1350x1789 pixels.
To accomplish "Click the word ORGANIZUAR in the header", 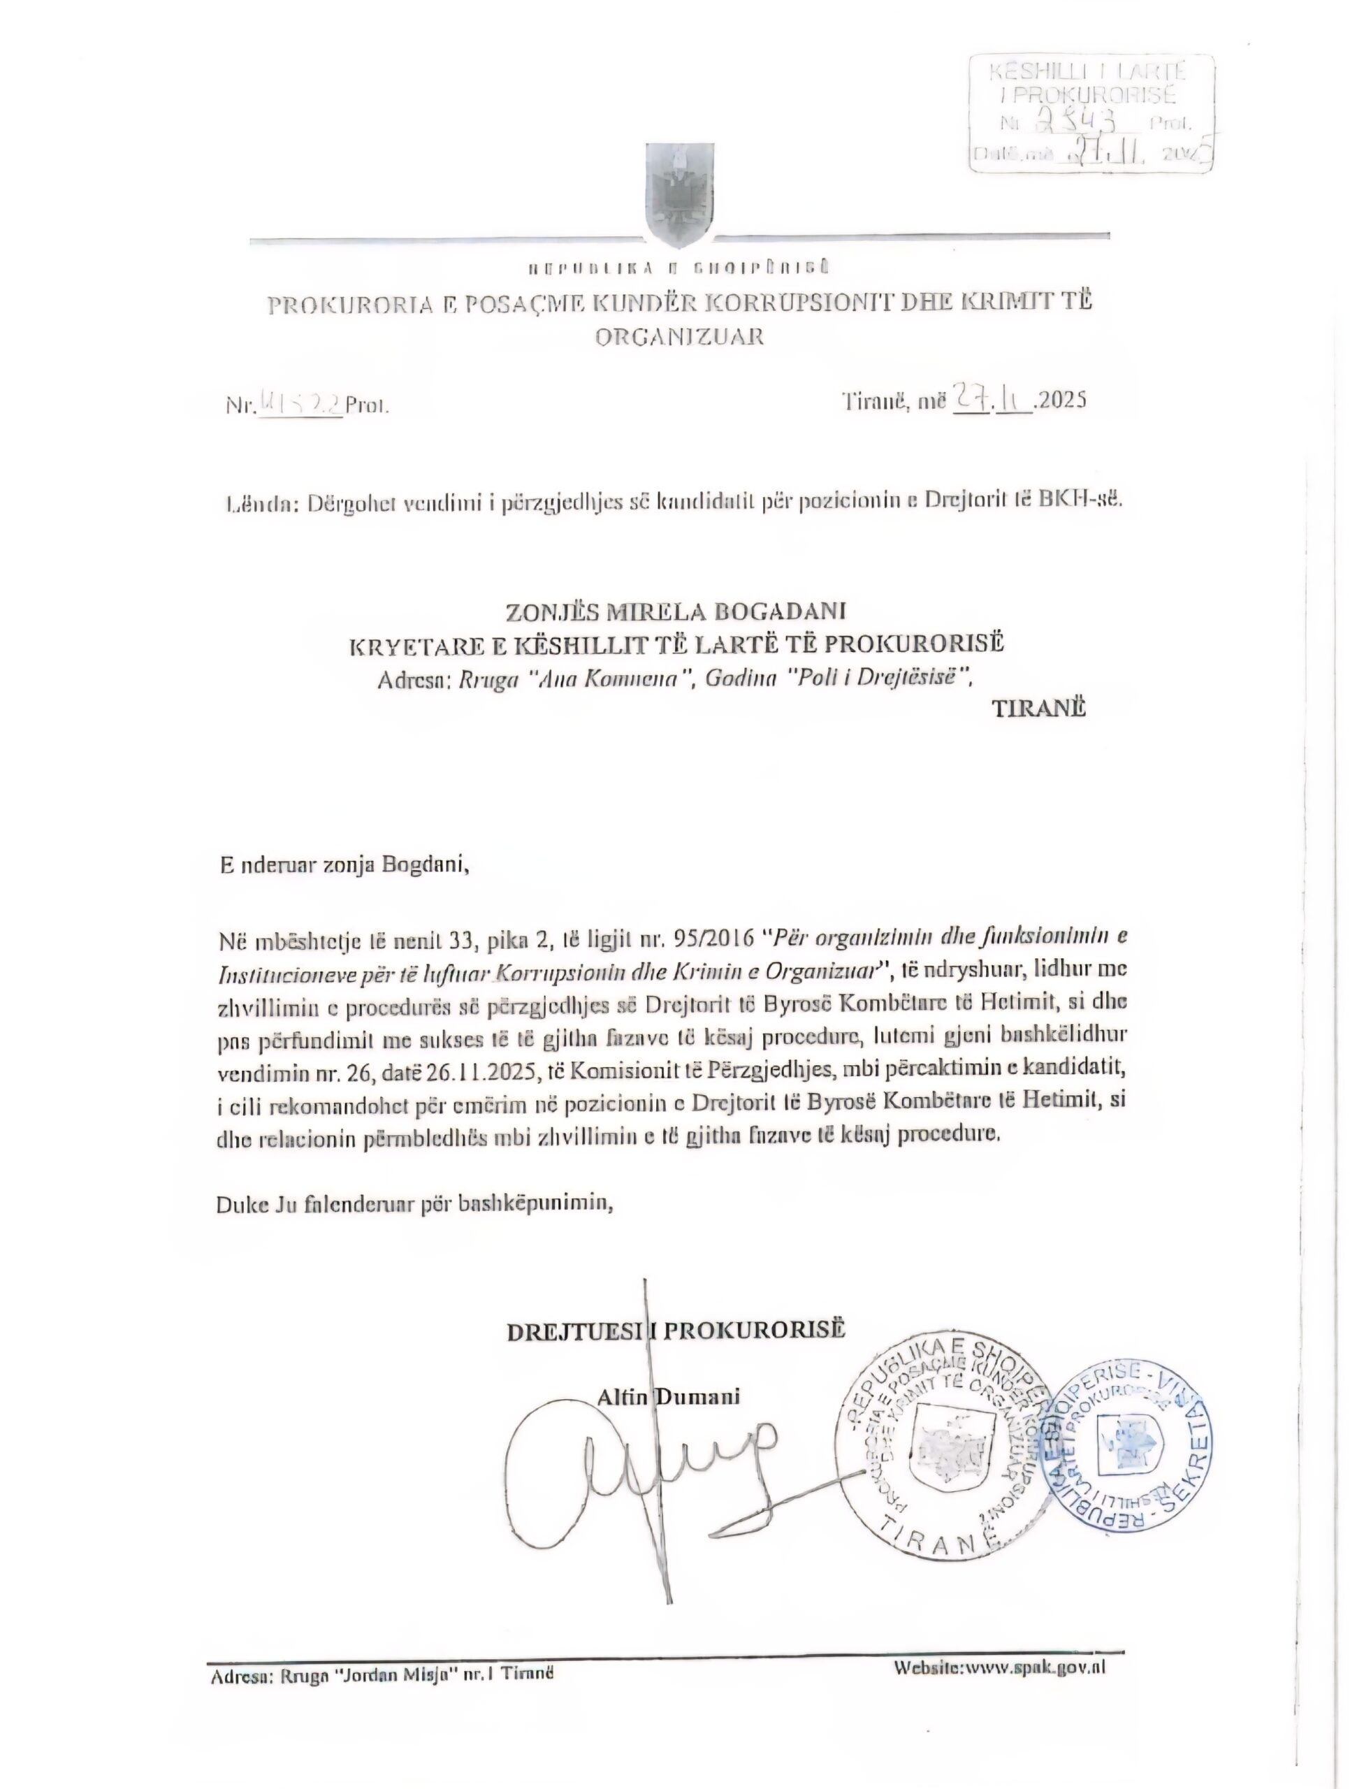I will point(679,336).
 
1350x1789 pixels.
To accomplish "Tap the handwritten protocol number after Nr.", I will point(300,402).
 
